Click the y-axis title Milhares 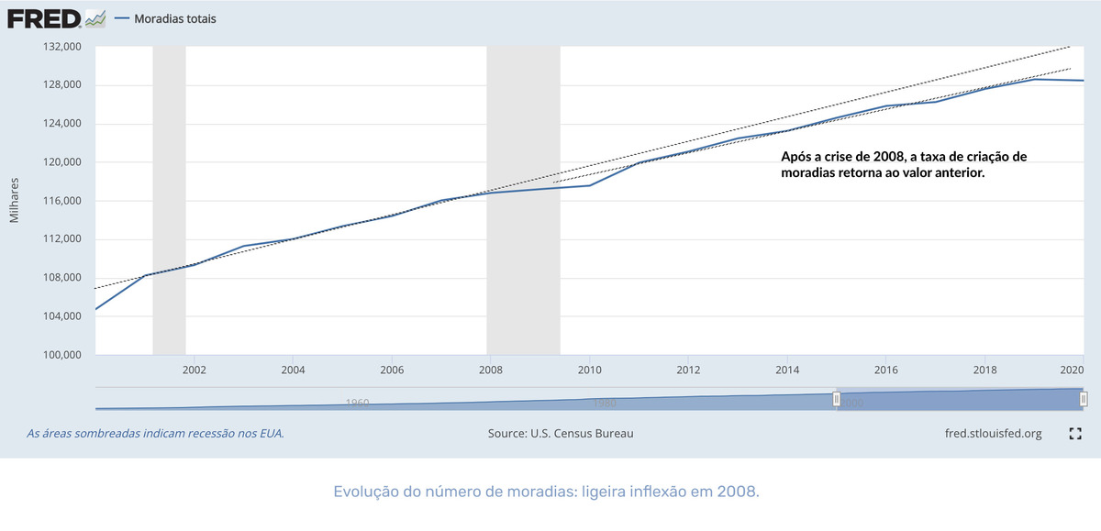coord(15,201)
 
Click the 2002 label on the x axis coord(194,371)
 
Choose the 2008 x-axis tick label coord(490,371)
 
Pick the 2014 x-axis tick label coord(787,371)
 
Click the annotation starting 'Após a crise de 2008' coord(904,164)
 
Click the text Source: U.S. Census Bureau coord(561,434)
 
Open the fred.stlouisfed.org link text coord(993,434)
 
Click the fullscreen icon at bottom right coord(1076,434)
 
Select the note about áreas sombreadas coord(155,434)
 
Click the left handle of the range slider coord(837,399)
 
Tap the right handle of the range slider coord(1084,399)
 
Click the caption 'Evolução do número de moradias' coord(547,492)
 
